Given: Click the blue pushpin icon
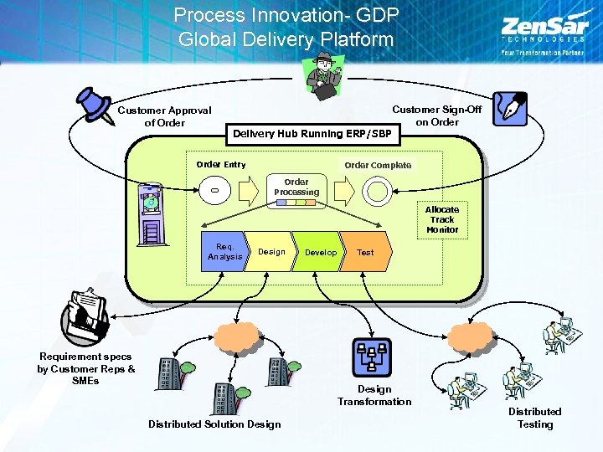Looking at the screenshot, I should (95, 105).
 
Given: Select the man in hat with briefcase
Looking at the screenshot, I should (322, 76).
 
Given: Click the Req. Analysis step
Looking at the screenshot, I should (224, 252).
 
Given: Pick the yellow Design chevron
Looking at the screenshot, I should (271, 252).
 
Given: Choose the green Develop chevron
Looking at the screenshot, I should (320, 252).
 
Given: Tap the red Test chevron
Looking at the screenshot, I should (366, 252).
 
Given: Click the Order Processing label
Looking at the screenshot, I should (296, 187).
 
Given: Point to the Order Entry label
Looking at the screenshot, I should (221, 164).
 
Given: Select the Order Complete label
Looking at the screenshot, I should (378, 165).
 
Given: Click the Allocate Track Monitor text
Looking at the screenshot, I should (442, 219).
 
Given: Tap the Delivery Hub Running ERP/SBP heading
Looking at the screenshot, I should (312, 133).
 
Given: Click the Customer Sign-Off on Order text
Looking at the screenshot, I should (437, 116).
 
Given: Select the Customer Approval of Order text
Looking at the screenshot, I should (164, 116).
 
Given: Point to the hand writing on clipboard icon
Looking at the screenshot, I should (85, 312).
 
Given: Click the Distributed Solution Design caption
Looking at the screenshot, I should (214, 424).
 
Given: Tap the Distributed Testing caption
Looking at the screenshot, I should (534, 418).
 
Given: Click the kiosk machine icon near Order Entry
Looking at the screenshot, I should (152, 213).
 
